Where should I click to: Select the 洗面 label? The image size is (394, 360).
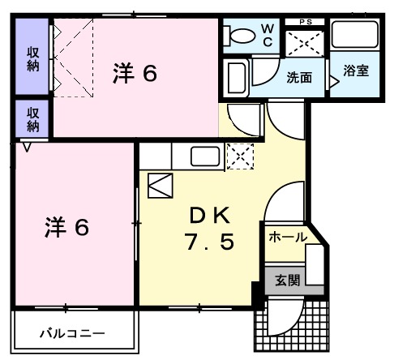[x=298, y=79]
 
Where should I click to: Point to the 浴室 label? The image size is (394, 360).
[x=355, y=71]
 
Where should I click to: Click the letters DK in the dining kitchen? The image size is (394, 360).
[x=211, y=215]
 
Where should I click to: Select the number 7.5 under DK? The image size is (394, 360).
[x=211, y=242]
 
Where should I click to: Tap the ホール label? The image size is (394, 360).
[x=288, y=237]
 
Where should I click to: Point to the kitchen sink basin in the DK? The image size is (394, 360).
[x=203, y=156]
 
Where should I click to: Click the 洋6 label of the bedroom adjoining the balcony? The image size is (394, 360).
[x=66, y=228]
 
